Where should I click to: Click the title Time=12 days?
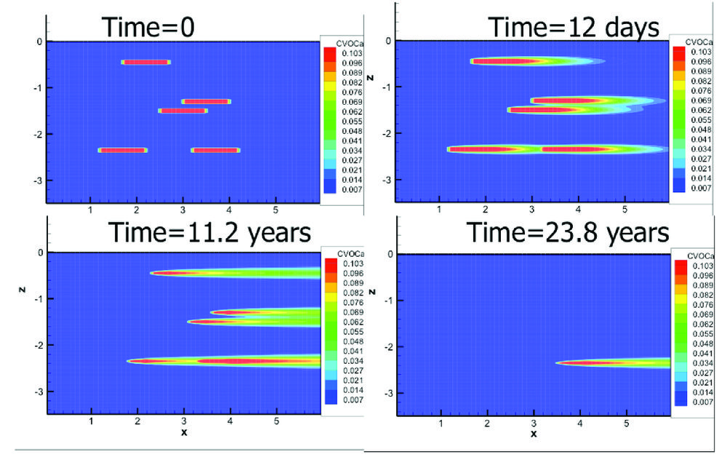coord(573,27)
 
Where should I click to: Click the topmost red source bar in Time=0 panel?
coord(146,62)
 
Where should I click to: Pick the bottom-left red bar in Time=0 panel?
coord(123,150)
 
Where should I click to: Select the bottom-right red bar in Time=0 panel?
coord(215,150)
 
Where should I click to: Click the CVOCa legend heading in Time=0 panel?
coord(339,43)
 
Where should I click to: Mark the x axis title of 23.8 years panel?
coord(534,434)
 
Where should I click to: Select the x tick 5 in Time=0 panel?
coord(276,210)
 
